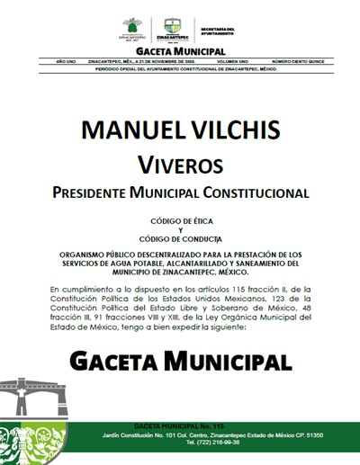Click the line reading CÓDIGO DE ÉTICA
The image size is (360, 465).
pyautogui.click(x=180, y=220)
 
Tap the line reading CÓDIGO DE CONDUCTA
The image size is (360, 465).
pyautogui.click(x=180, y=238)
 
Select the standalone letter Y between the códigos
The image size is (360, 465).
pyautogui.click(x=180, y=229)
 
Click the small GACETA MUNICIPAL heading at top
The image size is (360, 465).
pyautogui.click(x=180, y=52)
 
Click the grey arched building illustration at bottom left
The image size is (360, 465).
pyautogui.click(x=27, y=400)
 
